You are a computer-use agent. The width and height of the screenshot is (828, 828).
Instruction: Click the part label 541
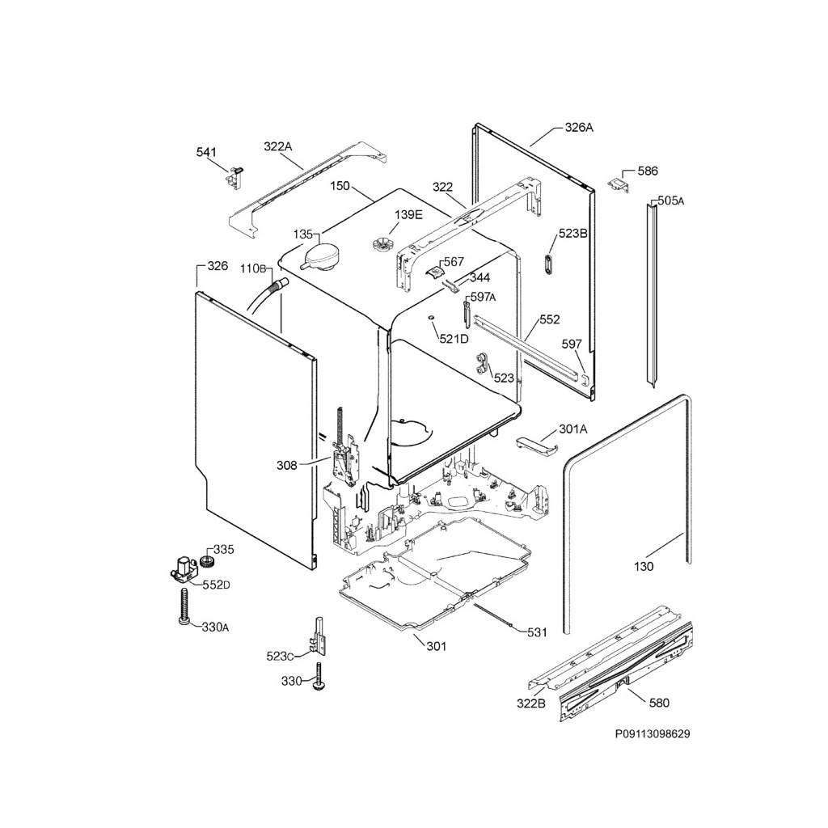[206, 153]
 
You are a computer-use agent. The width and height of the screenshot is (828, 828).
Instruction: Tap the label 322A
[278, 146]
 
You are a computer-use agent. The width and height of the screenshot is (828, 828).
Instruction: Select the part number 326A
[579, 127]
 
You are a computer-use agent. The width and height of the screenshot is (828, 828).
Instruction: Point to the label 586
[648, 171]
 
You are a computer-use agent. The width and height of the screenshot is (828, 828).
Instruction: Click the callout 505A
[670, 201]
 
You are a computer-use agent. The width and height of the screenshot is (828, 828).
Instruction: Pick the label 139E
[408, 214]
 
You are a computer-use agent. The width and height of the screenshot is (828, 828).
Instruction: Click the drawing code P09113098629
[653, 734]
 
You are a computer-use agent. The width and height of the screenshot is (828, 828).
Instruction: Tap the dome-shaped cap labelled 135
[320, 257]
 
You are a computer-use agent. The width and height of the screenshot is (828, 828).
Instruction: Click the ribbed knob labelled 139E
[380, 245]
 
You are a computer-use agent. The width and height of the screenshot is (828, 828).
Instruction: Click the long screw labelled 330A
[184, 607]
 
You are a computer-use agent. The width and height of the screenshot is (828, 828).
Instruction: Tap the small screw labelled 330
[319, 676]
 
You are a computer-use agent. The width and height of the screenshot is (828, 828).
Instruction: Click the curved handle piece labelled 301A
[537, 445]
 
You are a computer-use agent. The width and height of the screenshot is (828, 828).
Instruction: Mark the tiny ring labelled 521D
[431, 317]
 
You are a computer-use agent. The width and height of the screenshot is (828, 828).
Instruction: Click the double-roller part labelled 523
[482, 364]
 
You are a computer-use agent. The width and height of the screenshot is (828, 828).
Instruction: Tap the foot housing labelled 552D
[184, 568]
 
